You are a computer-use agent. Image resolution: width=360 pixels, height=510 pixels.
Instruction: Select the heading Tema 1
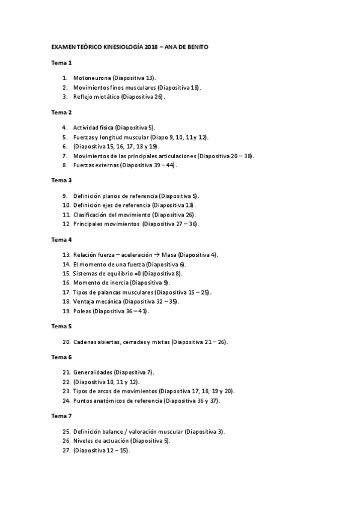(x=61, y=63)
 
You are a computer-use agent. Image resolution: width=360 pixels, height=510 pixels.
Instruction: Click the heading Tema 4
(x=61, y=239)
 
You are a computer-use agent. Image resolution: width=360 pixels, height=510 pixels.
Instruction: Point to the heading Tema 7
(x=61, y=415)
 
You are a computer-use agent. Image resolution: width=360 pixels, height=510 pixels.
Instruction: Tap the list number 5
(x=64, y=137)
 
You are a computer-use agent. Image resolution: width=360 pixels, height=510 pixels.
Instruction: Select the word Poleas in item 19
(x=82, y=311)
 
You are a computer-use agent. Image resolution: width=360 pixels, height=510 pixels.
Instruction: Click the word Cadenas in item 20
(x=85, y=342)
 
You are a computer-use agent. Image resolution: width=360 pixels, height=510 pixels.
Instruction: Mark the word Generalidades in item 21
(x=93, y=372)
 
